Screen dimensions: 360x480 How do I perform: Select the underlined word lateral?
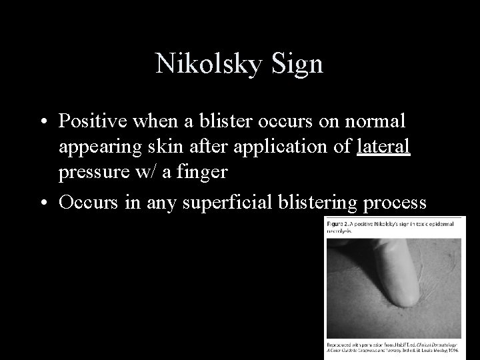(383, 147)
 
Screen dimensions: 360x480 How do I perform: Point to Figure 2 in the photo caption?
(340, 224)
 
